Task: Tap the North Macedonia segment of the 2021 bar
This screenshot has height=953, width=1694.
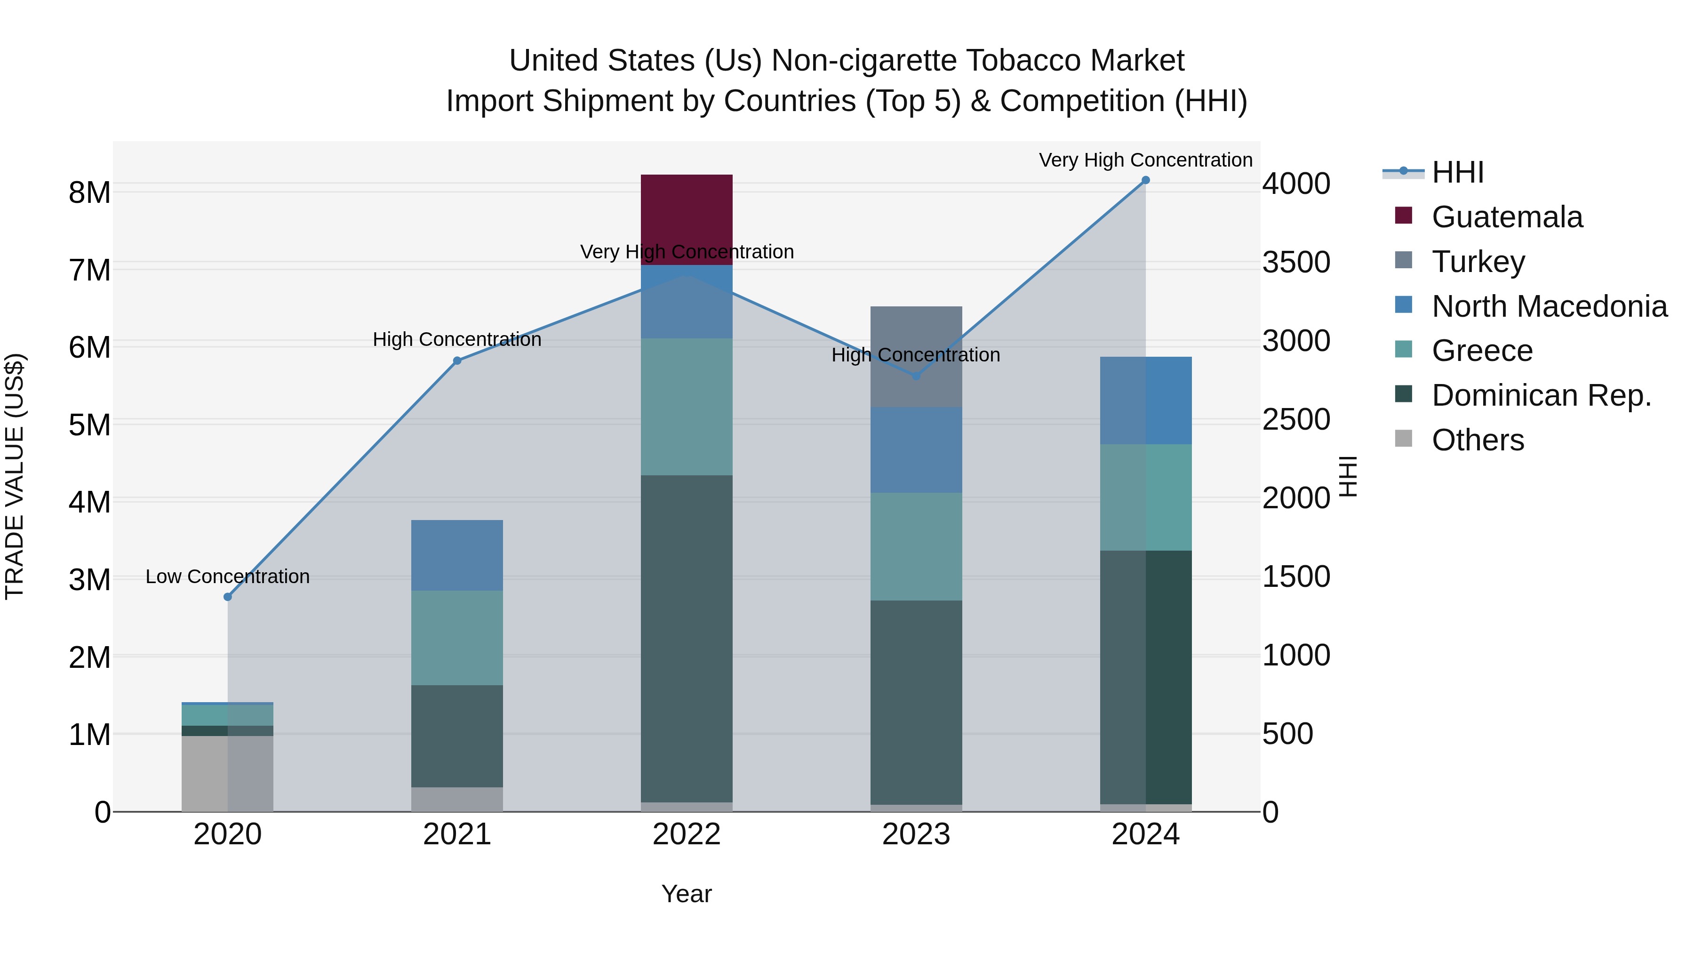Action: point(457,555)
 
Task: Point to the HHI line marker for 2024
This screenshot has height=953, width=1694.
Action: point(1145,180)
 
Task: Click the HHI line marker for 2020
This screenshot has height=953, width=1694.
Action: point(228,597)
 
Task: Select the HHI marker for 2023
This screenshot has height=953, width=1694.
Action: point(916,376)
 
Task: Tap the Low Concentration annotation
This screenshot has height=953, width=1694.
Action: point(228,577)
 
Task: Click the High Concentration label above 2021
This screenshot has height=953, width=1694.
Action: point(457,339)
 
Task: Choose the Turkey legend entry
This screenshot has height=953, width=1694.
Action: point(1478,262)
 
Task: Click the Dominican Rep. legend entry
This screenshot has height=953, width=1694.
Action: point(1541,395)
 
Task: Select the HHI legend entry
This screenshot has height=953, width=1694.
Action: point(1457,172)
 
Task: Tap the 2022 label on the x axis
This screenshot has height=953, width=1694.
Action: point(687,834)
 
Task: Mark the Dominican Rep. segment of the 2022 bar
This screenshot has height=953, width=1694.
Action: point(687,638)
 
